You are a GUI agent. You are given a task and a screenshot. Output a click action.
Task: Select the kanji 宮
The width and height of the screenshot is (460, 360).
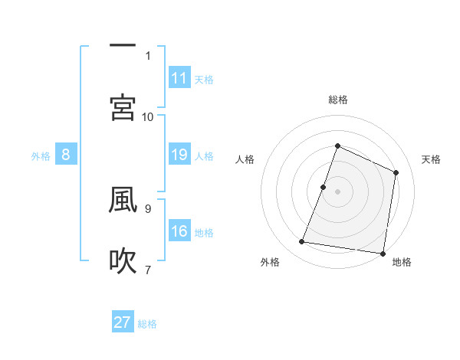pos(123,108)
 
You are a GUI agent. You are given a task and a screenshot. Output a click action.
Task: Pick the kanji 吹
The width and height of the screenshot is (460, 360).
pos(123,260)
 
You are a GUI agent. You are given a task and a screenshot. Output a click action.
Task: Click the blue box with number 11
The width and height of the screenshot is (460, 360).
pos(179,78)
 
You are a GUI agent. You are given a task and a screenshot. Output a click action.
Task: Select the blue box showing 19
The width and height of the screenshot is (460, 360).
pos(179,155)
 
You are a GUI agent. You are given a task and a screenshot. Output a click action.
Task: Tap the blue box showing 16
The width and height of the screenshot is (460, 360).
pos(179,232)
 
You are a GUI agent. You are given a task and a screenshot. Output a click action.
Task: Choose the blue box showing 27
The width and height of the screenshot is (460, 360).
pos(123,322)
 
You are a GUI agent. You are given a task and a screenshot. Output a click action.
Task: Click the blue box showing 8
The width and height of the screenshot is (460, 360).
pos(66,155)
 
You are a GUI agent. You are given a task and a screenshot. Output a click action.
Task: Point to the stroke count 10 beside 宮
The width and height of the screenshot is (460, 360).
pos(148,117)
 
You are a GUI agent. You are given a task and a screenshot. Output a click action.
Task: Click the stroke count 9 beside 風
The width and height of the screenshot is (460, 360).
pos(148,208)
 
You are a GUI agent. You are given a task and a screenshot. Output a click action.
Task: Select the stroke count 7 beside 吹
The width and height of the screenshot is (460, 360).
pos(148,270)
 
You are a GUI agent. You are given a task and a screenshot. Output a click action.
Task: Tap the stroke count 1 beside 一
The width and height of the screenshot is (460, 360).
pos(148,56)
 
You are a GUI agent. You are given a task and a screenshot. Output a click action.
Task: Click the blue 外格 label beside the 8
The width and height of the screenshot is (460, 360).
pos(41,156)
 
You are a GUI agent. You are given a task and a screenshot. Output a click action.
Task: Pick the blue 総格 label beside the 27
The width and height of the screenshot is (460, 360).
pos(147,324)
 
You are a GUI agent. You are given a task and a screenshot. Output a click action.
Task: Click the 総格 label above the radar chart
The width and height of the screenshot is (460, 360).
pos(337,100)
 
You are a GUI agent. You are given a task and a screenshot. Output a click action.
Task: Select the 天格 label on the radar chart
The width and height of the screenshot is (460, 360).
pos(431,159)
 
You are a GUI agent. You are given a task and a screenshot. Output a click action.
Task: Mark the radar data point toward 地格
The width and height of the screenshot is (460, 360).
pos(382,253)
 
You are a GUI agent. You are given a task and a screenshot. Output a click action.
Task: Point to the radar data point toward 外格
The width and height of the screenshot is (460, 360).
pos(302,242)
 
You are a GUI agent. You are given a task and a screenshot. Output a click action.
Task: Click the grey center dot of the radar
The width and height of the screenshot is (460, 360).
pos(337,191)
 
